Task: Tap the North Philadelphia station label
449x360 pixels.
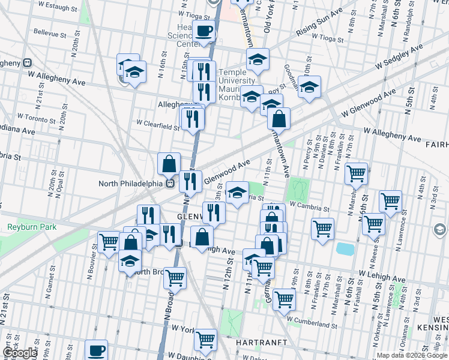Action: [x=132, y=184]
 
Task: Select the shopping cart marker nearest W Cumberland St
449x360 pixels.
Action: [x=284, y=298]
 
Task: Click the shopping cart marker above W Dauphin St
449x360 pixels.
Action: [x=205, y=340]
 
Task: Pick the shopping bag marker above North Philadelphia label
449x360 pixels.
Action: [x=169, y=163]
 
